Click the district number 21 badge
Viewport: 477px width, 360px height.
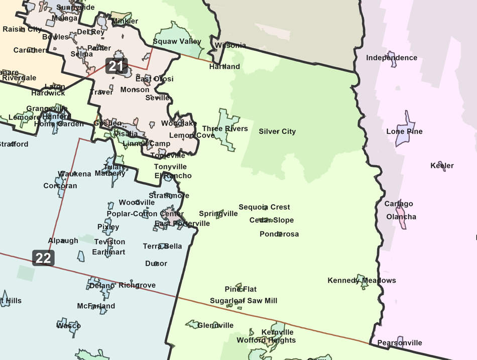[116, 66]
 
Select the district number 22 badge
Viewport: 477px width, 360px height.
[43, 258]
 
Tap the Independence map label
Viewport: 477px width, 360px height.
[392, 58]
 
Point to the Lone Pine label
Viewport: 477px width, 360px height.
[404, 132]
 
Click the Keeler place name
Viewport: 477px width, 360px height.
[442, 166]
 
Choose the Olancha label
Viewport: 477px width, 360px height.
[401, 217]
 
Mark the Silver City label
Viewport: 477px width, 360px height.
[277, 132]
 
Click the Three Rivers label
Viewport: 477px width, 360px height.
[225, 129]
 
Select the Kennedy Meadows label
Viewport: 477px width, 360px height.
[362, 280]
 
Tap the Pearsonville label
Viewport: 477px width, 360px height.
[400, 343]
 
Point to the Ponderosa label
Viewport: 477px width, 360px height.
[279, 234]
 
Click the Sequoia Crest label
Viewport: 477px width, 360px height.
[264, 207]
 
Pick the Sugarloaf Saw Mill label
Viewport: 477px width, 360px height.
[244, 301]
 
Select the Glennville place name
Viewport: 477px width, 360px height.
[215, 325]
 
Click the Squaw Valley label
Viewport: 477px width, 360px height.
[177, 42]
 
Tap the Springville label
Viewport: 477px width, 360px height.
[218, 214]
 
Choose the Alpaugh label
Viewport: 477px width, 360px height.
[63, 241]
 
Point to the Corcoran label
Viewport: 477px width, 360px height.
[60, 186]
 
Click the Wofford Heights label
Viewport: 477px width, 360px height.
[266, 340]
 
